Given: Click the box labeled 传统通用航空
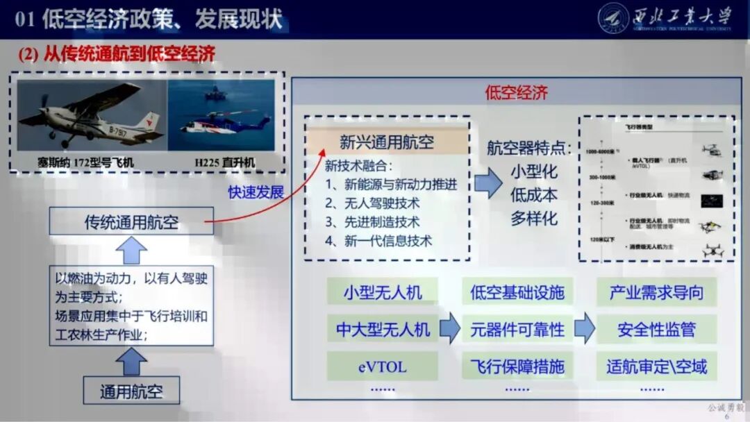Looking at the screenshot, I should (131, 223).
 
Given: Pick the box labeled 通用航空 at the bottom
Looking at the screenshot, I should (131, 390).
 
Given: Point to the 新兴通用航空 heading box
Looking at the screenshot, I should (387, 142).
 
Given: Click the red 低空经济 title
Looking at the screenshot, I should (516, 93).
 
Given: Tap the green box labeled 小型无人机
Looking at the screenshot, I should (382, 292).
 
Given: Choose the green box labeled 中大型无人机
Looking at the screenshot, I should (383, 329).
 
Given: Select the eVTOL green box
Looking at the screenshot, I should (382, 366).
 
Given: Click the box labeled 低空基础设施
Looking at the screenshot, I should (517, 292).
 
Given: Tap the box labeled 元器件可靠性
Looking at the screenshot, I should (517, 329).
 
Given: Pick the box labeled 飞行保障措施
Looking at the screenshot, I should (517, 366).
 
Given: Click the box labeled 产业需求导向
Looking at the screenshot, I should (656, 292).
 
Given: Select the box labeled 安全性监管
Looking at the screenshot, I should (656, 329).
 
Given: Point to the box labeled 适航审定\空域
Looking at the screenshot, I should (656, 366).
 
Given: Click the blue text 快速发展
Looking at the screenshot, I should (256, 192).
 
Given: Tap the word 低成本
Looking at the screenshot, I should (534, 195).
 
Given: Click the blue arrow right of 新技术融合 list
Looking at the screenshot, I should (488, 186).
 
